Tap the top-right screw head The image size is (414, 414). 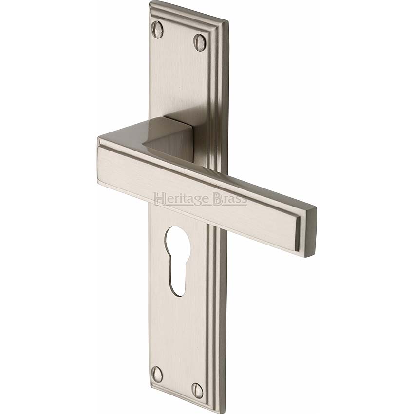(199, 39)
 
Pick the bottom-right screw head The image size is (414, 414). (198, 388)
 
